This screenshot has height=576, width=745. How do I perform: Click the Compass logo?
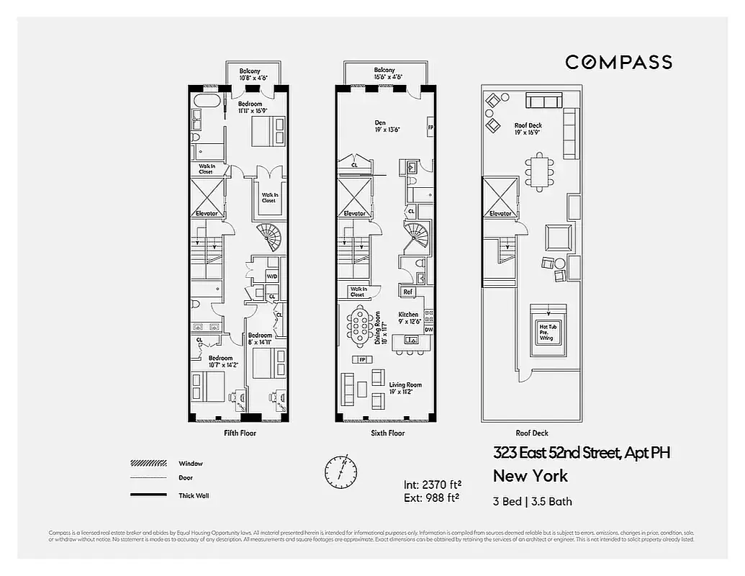tap(618, 62)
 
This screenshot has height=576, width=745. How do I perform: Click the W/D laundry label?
tap(271, 276)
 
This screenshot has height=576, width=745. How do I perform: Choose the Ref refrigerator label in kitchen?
tap(407, 292)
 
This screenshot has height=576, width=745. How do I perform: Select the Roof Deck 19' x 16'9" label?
tap(528, 129)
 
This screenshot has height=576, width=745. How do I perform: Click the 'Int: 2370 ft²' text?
tap(432, 484)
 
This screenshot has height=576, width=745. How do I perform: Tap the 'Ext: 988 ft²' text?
tap(432, 497)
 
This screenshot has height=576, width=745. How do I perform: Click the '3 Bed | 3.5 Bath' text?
tap(533, 501)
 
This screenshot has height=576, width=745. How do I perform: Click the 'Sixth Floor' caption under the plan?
tap(387, 433)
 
